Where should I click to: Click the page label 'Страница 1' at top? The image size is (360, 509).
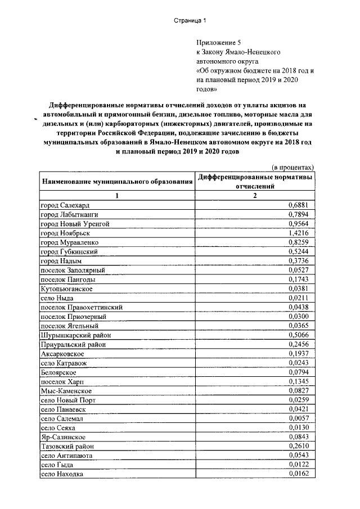coord(190,21)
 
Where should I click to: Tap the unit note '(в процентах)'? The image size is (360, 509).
coord(292,167)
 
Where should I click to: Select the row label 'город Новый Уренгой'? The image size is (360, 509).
coord(75,223)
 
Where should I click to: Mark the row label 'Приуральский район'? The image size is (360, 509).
coord(73,344)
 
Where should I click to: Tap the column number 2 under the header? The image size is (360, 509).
coord(254,195)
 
